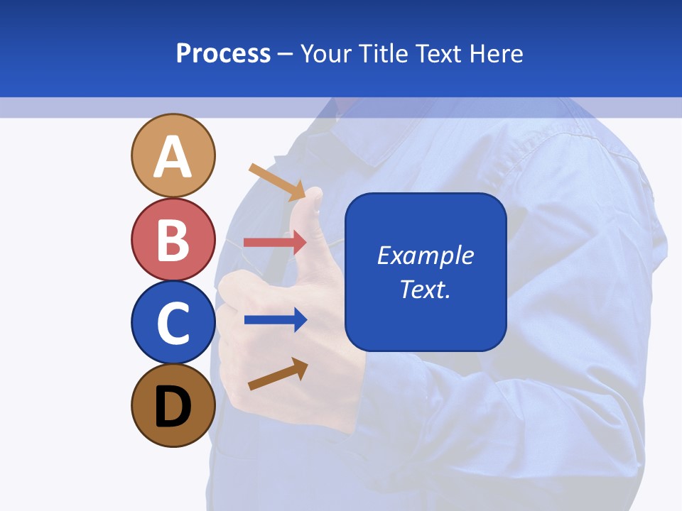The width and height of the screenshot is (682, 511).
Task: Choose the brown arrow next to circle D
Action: pos(278,374)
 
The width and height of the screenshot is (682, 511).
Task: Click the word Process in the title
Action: pos(223,53)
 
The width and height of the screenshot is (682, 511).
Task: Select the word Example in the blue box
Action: pos(425,255)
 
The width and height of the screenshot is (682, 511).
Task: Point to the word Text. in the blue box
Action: pos(425,289)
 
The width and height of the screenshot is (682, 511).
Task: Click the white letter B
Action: pos(173,240)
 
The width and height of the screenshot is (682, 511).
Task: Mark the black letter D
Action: pos(173,407)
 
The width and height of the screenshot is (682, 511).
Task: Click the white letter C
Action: pos(173,323)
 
